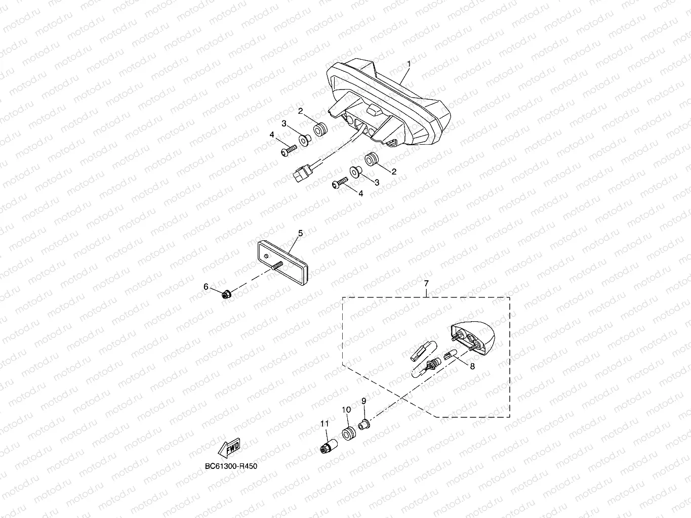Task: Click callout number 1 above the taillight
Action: [409, 64]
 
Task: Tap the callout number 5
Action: [300, 233]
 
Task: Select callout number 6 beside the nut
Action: [206, 287]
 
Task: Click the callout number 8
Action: [472, 366]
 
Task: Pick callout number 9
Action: [363, 401]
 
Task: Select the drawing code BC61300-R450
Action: [231, 466]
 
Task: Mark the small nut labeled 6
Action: [227, 293]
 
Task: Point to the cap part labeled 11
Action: [328, 447]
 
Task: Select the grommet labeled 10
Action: [348, 434]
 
